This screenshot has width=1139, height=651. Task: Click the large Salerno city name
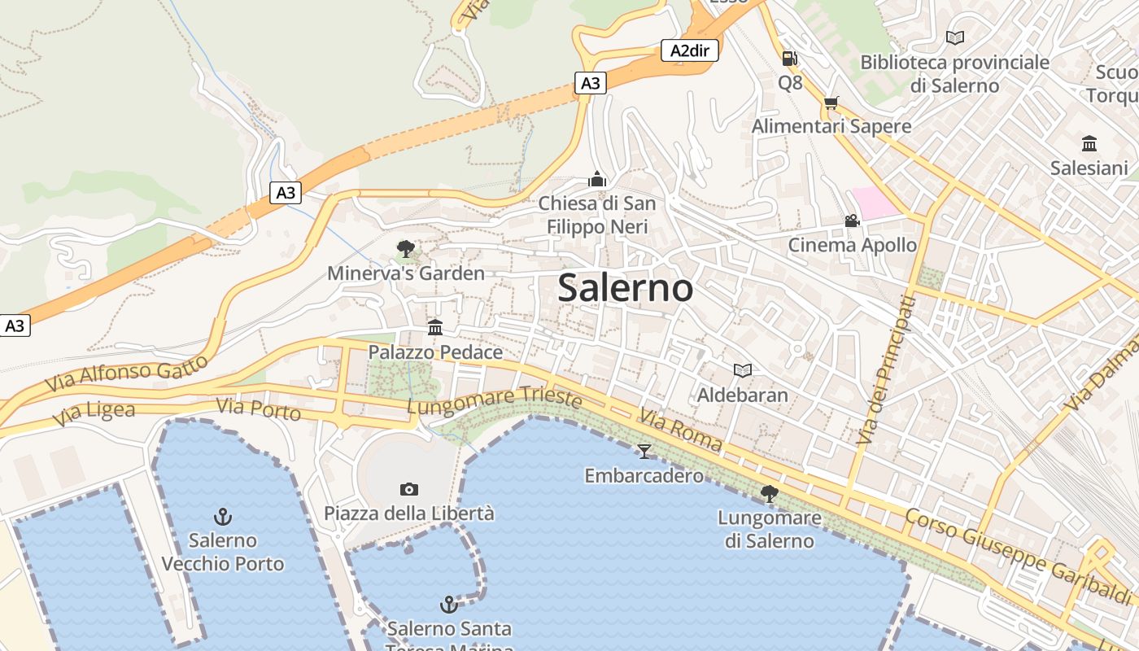[625, 288]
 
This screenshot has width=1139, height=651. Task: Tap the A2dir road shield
[689, 50]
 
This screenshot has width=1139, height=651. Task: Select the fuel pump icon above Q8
[789, 59]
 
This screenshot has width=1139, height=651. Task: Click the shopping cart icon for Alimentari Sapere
[831, 103]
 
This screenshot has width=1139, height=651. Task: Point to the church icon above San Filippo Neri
[597, 179]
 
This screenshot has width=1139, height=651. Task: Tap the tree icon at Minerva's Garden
[405, 248]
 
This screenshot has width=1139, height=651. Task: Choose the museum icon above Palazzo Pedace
[435, 327]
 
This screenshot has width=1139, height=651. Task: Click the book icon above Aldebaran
[742, 370]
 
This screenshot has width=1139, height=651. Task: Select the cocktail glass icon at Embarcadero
[644, 451]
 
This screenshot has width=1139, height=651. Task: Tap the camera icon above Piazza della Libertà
[408, 489]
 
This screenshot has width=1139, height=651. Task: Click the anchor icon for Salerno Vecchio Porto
[222, 516]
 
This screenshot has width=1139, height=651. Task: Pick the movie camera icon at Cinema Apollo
[852, 221]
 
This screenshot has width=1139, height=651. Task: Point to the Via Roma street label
[680, 430]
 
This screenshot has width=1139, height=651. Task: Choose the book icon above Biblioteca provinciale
[954, 37]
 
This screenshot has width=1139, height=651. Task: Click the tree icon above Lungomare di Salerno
[769, 493]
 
